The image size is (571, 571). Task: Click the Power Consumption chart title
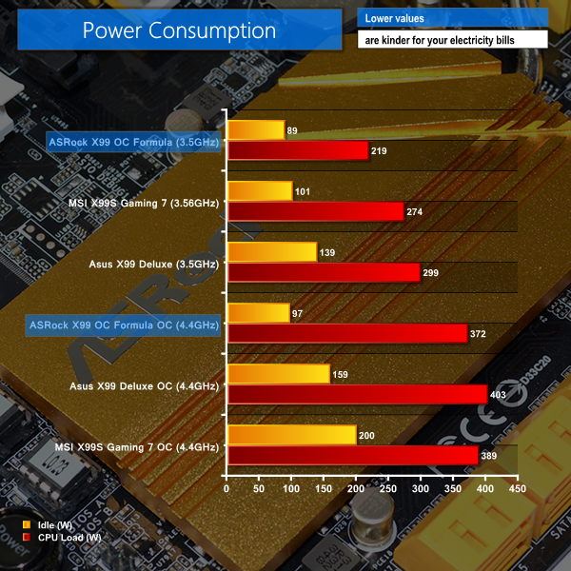coord(179,30)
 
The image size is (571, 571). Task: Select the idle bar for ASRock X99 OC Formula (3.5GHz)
coord(256,130)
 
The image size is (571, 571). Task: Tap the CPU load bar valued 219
coord(298,150)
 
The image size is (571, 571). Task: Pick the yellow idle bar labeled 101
coord(260,191)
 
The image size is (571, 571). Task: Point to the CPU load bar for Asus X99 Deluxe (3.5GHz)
coord(324,272)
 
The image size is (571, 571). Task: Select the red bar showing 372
coord(347,333)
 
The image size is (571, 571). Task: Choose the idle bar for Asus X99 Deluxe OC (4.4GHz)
coord(279,373)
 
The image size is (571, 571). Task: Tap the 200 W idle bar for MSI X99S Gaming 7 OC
coord(292,435)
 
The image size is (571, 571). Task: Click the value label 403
coord(501,394)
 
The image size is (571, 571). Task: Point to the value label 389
coord(492,455)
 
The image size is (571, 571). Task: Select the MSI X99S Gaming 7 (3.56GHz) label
coord(144,203)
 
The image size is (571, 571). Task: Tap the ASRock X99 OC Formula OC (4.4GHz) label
coord(125,325)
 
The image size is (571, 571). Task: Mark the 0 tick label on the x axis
coord(226,489)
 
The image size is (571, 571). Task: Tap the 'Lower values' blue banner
coord(452,18)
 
